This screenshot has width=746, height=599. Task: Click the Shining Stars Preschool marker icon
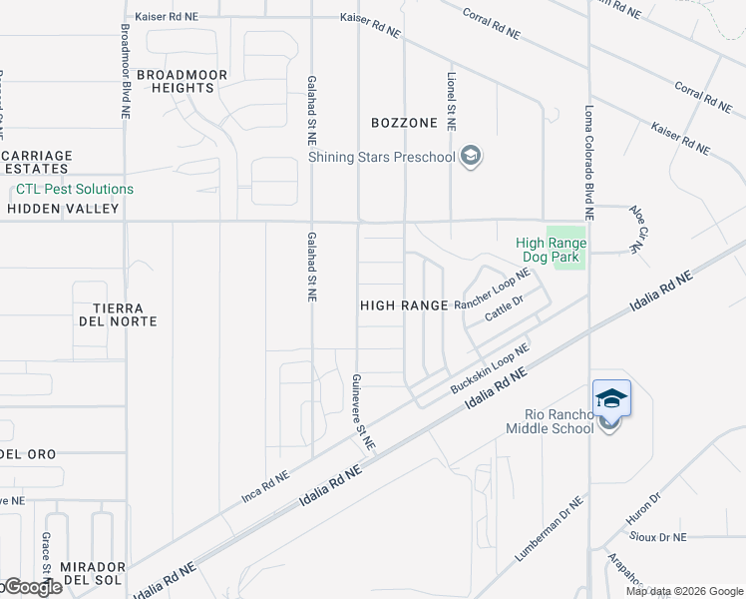point(472,156)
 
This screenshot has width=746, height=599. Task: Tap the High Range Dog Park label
point(551,250)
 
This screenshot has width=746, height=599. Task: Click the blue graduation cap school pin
point(611,398)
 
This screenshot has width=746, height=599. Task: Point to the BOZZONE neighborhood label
point(404,123)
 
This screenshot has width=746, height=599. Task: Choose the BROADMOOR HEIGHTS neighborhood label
point(183,81)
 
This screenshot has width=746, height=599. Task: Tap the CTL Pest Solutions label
point(75,189)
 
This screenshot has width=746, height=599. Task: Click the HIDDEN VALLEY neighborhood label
point(63,209)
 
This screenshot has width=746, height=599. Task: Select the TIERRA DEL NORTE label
point(118,314)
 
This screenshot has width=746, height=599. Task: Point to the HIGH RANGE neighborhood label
point(404,305)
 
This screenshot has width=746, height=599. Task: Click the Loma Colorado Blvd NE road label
point(589,162)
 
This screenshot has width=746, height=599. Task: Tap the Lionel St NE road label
point(451,101)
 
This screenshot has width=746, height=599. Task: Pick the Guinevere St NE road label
point(362,411)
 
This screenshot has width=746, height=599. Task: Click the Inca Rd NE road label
point(265,486)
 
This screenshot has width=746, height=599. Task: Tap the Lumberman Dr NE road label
point(550,530)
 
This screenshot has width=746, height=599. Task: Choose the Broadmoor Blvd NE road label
point(126,72)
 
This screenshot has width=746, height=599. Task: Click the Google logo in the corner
point(32,587)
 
